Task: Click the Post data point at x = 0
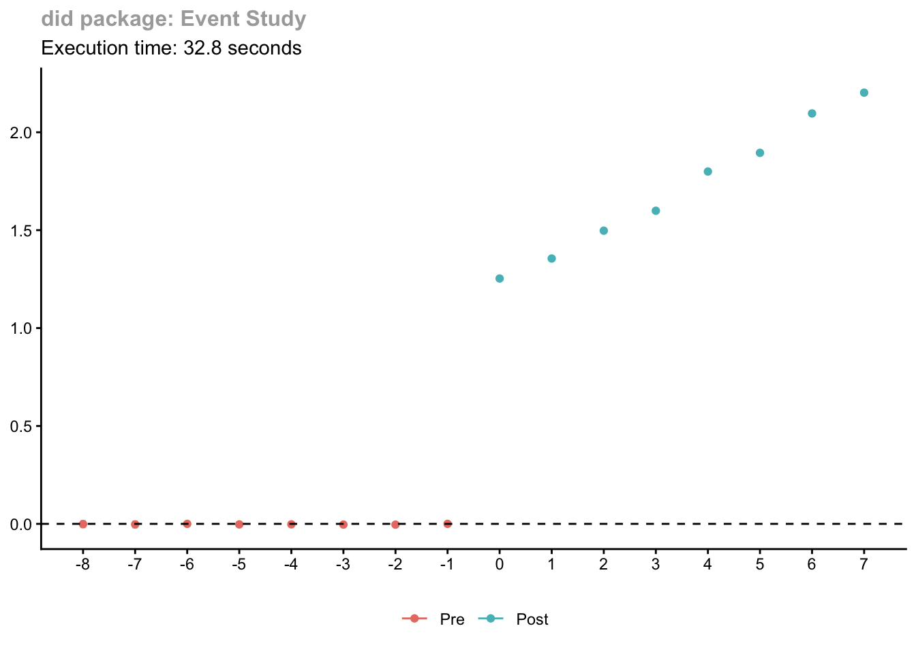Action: tap(500, 279)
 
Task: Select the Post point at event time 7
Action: tap(864, 93)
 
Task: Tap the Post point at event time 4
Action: tap(707, 172)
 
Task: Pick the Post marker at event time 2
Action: tap(604, 231)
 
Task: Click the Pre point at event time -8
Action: tap(83, 524)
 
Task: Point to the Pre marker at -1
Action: tap(448, 524)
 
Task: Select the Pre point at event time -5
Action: tap(239, 525)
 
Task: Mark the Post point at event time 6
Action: tap(812, 114)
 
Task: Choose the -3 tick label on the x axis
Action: tap(342, 564)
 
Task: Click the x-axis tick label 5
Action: tap(760, 564)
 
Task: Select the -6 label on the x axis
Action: tap(186, 564)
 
